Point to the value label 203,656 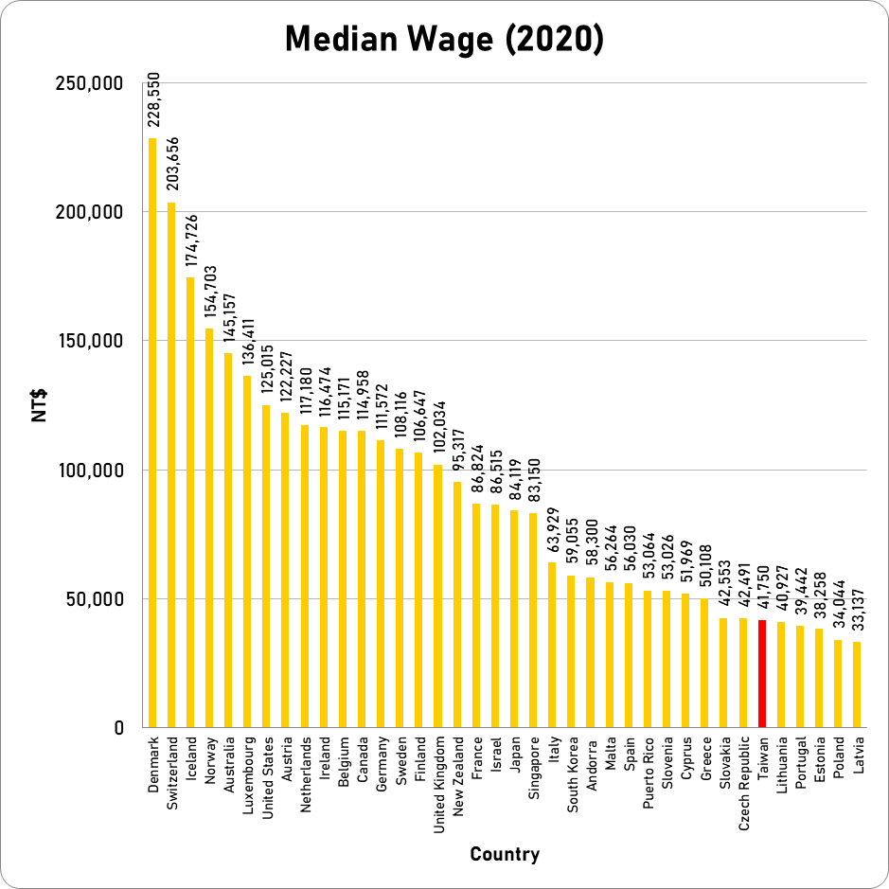[x=171, y=166]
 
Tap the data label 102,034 [x=438, y=432]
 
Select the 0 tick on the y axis [x=119, y=728]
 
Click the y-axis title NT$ [x=41, y=405]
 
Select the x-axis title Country [x=505, y=855]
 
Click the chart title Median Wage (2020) [x=444, y=40]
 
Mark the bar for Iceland [x=190, y=503]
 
